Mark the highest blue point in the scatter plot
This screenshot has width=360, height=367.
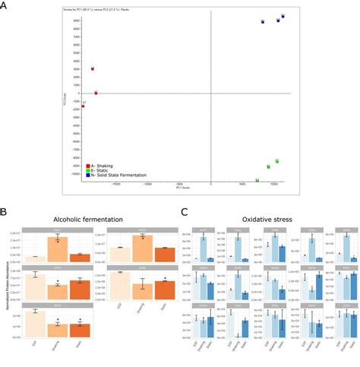pyautogui.click(x=283, y=16)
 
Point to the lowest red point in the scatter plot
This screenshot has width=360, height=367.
pyautogui.click(x=83, y=106)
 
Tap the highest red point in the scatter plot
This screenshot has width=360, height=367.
pyautogui.click(x=93, y=68)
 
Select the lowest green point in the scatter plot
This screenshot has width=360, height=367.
pyautogui.click(x=257, y=180)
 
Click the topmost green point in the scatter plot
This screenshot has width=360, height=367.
pyautogui.click(x=277, y=161)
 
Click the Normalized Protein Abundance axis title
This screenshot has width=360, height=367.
pyautogui.click(x=5, y=281)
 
